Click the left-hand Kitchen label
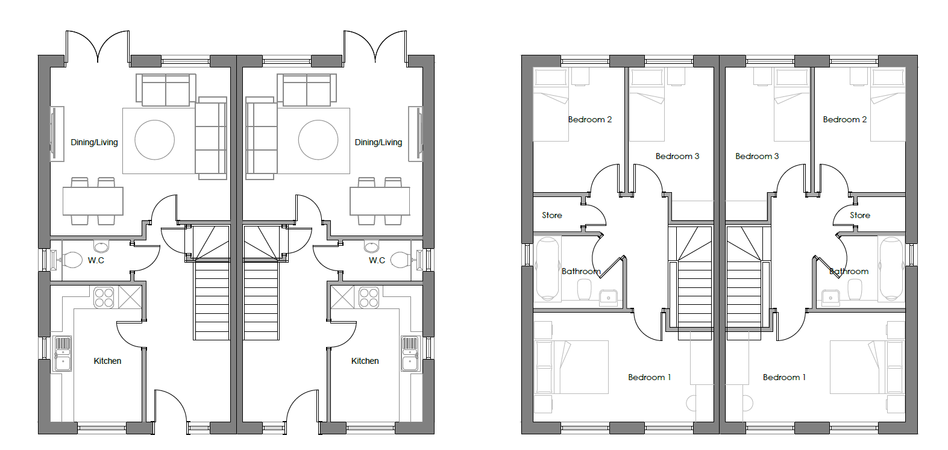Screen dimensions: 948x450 [x=107, y=361]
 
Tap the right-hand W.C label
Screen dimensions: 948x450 [x=377, y=260]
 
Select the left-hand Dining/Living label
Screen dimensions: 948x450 [x=94, y=143]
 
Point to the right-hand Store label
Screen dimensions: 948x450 [x=860, y=215]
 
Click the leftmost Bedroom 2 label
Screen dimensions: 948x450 [x=590, y=120]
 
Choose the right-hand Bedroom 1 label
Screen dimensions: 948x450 [x=784, y=377]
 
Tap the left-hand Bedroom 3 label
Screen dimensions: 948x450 [x=677, y=157]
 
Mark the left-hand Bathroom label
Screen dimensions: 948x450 [x=581, y=272]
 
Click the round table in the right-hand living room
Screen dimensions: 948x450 [x=318, y=140]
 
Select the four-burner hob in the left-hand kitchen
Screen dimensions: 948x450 [x=104, y=297]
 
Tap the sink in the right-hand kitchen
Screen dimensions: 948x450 [x=410, y=354]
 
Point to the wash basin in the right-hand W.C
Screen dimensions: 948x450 [x=372, y=246]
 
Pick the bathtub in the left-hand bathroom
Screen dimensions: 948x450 [x=548, y=269]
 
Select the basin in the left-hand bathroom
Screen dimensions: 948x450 [x=609, y=298]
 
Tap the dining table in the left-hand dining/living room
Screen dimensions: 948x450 [x=93, y=201]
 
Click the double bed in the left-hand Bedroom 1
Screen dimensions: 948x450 [x=571, y=367]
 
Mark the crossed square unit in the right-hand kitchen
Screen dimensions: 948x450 [x=342, y=298]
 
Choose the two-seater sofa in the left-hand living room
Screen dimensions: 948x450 [x=166, y=90]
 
